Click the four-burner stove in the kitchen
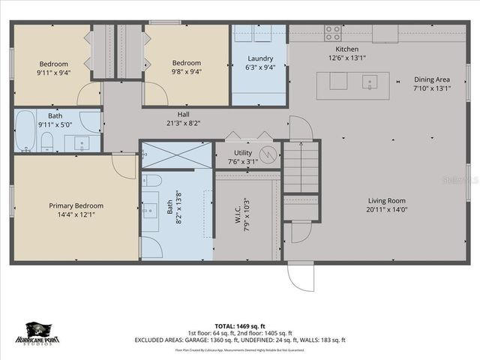331,33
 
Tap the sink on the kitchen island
369,81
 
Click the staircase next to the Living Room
301,169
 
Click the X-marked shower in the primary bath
176,155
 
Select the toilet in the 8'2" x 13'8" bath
151,181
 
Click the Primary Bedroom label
76,205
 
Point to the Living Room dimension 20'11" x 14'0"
386,210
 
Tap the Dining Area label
432,79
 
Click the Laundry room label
259,58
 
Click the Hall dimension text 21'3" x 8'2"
183,123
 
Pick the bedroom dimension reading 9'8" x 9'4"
186,73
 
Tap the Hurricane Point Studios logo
42,333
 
